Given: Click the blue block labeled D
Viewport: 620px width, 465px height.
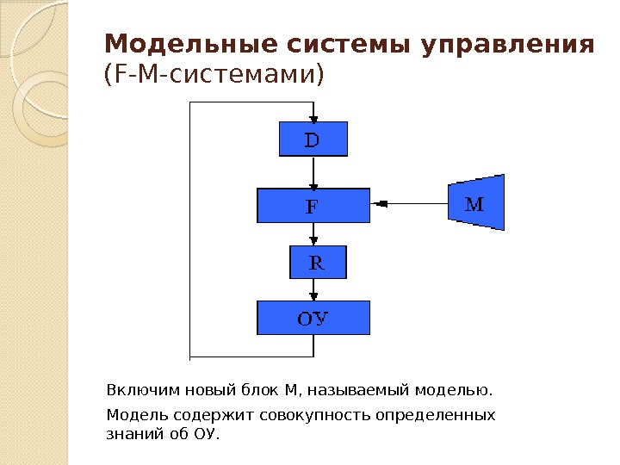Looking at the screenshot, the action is (x=313, y=139).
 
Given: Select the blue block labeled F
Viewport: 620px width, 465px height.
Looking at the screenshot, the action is (x=313, y=205).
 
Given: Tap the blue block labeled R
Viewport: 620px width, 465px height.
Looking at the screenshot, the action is (x=316, y=262).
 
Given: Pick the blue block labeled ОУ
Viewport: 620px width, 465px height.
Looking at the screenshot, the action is (x=313, y=317).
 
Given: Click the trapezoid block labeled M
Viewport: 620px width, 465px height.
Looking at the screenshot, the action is (x=476, y=203).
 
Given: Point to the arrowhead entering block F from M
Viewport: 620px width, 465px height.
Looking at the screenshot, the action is (x=380, y=204).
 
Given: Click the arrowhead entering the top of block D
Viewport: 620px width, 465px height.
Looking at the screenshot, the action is (x=313, y=117).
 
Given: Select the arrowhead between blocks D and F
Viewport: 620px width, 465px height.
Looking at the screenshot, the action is (x=313, y=184).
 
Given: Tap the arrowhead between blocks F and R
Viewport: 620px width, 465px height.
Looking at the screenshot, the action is (x=313, y=240).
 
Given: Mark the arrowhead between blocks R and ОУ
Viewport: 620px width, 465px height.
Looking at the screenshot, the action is (x=313, y=295).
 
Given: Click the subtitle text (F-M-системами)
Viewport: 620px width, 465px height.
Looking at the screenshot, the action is (x=215, y=76).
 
